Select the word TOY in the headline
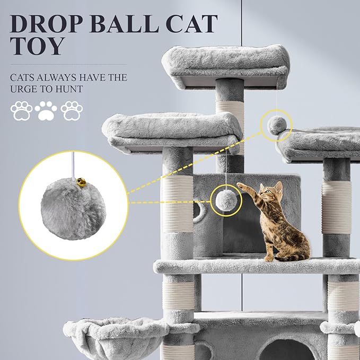click(37, 47)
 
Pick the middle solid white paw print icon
click(46, 110)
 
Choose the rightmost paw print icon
click(71, 110)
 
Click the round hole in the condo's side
click(197, 212)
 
